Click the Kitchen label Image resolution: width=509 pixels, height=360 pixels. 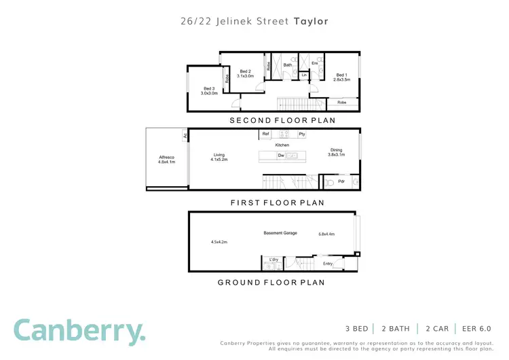coord(282,145)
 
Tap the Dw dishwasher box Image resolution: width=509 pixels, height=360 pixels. coord(280,156)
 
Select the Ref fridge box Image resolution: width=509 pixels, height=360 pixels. coord(266,134)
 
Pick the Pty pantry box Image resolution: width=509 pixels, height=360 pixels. coord(302,134)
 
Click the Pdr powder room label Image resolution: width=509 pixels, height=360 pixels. coord(342,181)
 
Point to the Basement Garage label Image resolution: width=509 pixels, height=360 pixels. coord(279,234)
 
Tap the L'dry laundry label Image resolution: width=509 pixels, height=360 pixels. coord(274,259)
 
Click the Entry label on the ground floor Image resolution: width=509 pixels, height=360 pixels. coord(328,264)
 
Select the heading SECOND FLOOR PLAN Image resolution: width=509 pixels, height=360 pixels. coord(282,120)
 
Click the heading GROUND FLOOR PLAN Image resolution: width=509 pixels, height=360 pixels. coord(271,282)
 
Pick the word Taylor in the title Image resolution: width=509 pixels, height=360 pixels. coord(311,21)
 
